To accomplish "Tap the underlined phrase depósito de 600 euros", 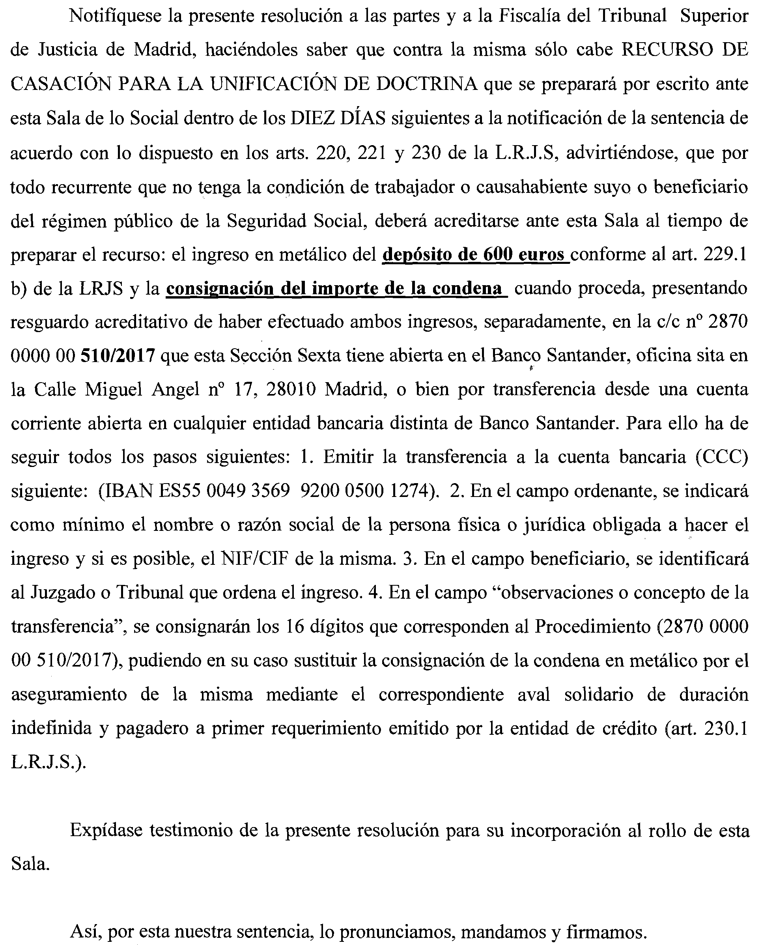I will [x=476, y=254].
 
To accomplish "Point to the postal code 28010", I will [x=291, y=390].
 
